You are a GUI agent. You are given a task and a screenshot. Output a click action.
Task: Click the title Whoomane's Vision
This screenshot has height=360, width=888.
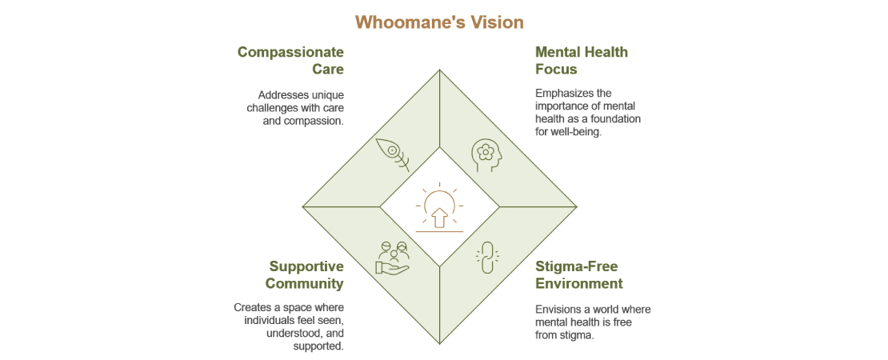coord(439,22)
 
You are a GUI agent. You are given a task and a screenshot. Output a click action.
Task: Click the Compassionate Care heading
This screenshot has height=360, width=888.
coord(290,61)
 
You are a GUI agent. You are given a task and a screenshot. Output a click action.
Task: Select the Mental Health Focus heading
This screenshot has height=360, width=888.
coord(581,61)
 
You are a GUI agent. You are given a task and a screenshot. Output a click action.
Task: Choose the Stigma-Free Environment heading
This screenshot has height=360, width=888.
coord(578,274)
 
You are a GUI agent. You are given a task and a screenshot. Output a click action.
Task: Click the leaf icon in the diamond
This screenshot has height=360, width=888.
coord(392,154)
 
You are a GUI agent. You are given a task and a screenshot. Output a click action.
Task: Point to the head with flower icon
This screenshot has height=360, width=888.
coord(486,154)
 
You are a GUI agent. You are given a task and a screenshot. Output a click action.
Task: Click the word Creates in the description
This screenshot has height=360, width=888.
coord(254,307)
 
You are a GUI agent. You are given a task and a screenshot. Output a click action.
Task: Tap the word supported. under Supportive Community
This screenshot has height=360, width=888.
coord(318,346)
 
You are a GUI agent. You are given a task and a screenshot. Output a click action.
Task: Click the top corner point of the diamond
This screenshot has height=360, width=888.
coord(439,70)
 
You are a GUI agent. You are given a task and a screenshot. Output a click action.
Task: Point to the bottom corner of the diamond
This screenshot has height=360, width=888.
coord(439,343)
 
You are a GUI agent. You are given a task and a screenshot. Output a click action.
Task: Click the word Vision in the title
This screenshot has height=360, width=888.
coord(498,22)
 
